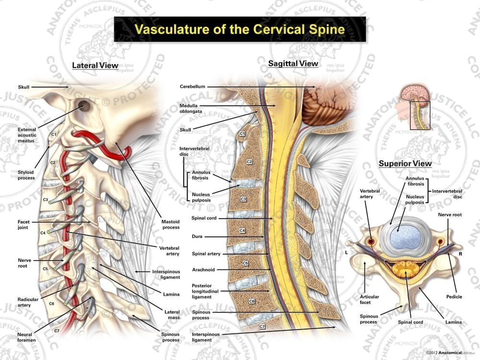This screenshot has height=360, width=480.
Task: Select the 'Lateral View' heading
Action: pyautogui.click(x=95, y=65)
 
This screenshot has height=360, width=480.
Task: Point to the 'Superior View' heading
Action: pyautogui.click(x=405, y=164)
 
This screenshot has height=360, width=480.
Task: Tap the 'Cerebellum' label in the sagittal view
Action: pyautogui.click(x=192, y=86)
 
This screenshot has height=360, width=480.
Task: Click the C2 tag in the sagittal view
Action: pyautogui.click(x=250, y=162)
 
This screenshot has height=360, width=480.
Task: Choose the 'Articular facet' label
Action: pyautogui.click(x=370, y=300)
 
